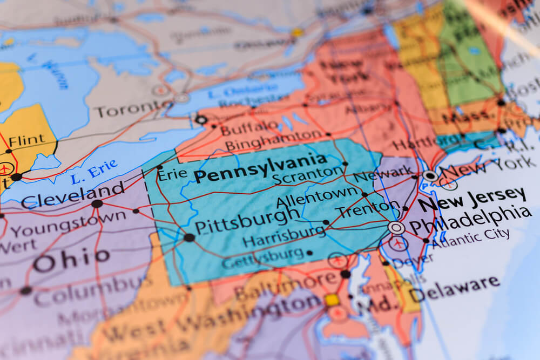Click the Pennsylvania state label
[260, 169]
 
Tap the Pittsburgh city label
[247, 221]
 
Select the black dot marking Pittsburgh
[189, 237]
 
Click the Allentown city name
[317, 198]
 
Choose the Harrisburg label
[284, 236]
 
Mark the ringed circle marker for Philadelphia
[396, 227]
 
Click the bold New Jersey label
[472, 199]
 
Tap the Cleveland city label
[73, 195]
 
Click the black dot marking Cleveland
[97, 203]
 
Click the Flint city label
[27, 140]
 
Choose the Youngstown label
[69, 224]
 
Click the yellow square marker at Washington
[332, 300]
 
